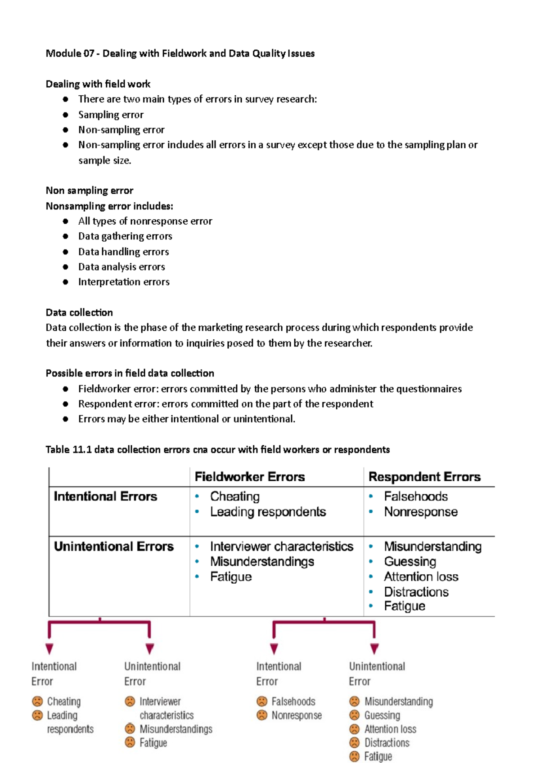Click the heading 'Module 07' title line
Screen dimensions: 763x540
tap(180, 53)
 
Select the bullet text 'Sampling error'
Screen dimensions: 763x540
tap(111, 115)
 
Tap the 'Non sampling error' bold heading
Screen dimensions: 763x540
tap(89, 191)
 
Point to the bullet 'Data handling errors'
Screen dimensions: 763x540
tap(123, 252)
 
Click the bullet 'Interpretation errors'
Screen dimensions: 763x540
tap(124, 282)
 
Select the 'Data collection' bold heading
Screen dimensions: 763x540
tap(79, 312)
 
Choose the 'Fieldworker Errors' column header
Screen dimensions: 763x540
tap(250, 477)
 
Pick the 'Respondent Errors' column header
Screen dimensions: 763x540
tap(424, 477)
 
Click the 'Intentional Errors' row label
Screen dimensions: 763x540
tap(105, 497)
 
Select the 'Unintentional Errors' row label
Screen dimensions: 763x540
tap(113, 546)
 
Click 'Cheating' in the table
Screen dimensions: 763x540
tap(234, 497)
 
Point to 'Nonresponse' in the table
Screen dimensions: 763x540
tap(421, 512)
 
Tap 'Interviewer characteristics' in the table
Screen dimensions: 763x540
tap(281, 546)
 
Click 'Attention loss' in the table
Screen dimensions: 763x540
tap(421, 577)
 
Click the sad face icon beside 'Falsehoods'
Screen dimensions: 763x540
tap(262, 701)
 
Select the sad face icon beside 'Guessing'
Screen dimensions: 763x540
tap(355, 715)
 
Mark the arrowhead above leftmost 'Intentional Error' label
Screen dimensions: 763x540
tap(49, 648)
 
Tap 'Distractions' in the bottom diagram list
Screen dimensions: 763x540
tap(387, 742)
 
